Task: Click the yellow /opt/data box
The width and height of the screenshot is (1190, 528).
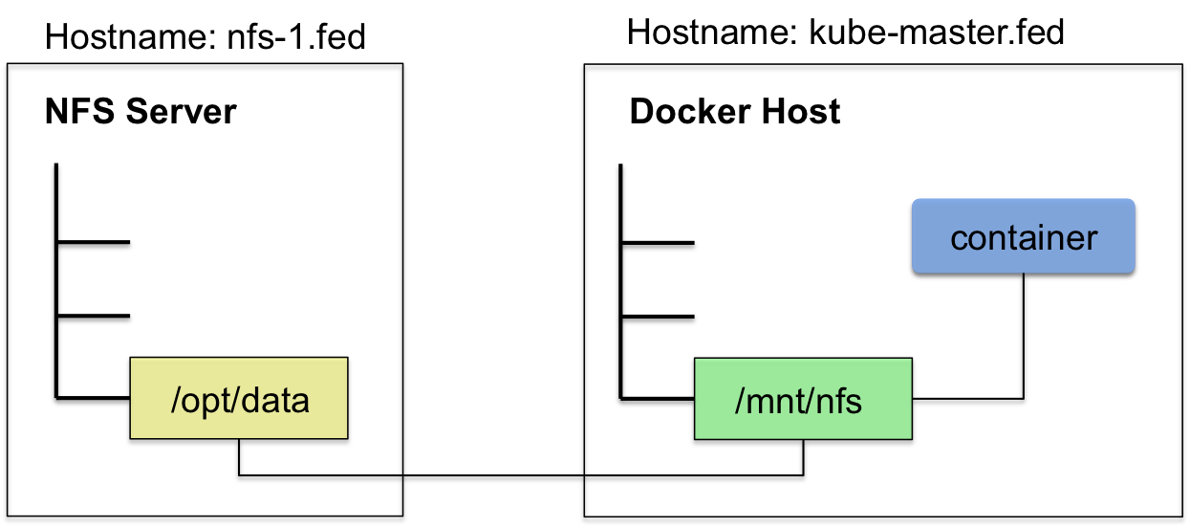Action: (238, 397)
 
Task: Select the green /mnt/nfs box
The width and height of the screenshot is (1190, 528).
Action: (803, 398)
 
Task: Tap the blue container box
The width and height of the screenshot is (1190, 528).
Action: (1023, 235)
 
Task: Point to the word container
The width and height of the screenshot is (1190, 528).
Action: (1023, 237)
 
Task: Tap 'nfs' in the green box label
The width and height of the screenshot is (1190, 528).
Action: (837, 401)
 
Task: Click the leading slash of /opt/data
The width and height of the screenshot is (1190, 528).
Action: (175, 400)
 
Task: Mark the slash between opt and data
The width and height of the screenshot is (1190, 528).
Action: (232, 400)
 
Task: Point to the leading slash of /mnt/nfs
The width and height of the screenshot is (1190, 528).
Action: (739, 401)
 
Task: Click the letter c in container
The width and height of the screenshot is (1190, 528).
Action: (959, 238)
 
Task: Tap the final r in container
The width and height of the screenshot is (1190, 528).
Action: (1093, 238)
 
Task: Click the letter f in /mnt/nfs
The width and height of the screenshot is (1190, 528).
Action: (840, 400)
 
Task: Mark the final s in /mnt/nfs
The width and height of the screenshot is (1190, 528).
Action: (854, 403)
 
